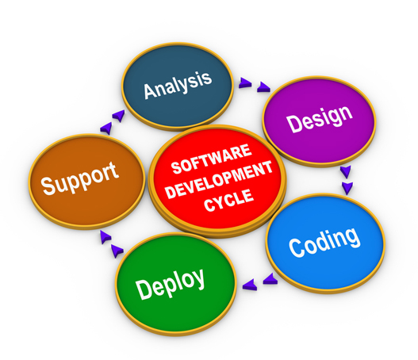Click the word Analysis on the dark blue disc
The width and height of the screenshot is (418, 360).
click(178, 85)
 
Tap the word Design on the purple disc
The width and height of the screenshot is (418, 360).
click(320, 119)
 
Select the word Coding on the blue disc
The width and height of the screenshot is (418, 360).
click(324, 242)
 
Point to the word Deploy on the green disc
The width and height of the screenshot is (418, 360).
click(171, 284)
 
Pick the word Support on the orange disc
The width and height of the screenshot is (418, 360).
click(79, 178)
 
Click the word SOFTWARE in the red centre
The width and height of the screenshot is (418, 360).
click(212, 159)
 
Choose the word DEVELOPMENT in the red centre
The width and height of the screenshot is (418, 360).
click(219, 180)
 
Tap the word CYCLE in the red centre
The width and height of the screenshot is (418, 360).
click(228, 200)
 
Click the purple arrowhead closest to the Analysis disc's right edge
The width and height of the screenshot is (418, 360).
click(245, 83)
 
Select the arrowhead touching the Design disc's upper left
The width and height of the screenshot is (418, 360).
click(263, 87)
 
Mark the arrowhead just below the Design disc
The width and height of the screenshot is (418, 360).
click(346, 171)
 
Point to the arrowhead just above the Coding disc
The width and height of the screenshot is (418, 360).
click(347, 188)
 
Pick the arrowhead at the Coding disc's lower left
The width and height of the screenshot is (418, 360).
click(270, 279)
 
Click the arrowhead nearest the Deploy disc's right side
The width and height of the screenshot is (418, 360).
click(250, 285)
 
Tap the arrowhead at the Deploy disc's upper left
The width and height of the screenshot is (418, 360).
click(117, 251)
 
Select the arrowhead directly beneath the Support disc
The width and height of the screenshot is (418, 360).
click(105, 237)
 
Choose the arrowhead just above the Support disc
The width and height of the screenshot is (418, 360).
click(105, 128)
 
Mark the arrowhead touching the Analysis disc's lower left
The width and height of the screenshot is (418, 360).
click(119, 116)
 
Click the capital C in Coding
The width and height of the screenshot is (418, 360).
click(296, 248)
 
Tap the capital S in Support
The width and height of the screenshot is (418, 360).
click(48, 186)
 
